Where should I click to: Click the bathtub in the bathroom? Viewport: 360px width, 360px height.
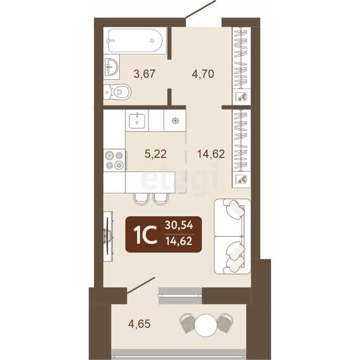click(135, 40)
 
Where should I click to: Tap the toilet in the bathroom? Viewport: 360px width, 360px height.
click(117, 92)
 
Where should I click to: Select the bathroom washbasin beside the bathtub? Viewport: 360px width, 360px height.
click(111, 67)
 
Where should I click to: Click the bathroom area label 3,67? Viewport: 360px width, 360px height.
click(145, 74)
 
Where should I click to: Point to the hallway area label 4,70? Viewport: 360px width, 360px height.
click(203, 74)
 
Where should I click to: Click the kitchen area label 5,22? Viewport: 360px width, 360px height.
click(155, 154)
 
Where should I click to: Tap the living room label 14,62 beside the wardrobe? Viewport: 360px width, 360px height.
click(211, 154)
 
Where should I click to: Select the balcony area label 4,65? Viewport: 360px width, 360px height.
click(139, 324)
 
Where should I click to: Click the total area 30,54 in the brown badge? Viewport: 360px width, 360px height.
click(179, 225)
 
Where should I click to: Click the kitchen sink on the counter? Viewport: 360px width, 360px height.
click(137, 121)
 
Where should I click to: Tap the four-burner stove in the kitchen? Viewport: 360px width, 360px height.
click(114, 160)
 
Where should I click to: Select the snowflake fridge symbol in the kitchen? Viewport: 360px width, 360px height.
click(175, 120)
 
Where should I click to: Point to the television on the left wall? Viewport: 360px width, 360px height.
click(109, 236)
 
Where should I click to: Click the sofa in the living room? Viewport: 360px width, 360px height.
click(232, 236)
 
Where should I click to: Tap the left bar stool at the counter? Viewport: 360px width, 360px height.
click(141, 199)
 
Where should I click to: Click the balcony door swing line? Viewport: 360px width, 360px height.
click(141, 285)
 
